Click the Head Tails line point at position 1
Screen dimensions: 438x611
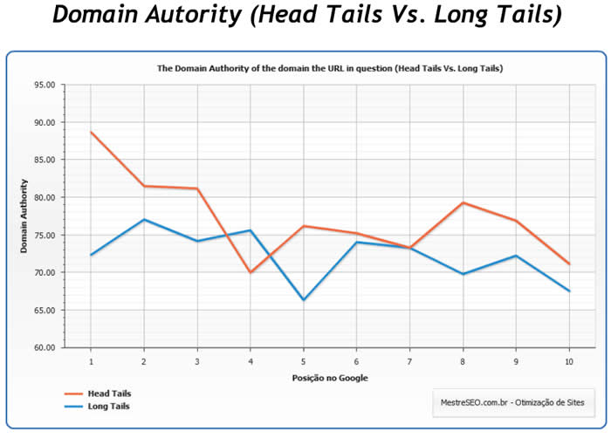coord(91,132)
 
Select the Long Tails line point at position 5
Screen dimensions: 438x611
coord(304,300)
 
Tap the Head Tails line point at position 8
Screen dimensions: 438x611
coord(463,202)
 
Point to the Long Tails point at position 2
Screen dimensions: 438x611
coord(144,219)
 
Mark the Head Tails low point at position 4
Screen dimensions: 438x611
coord(251,272)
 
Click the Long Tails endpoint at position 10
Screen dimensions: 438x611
coord(569,291)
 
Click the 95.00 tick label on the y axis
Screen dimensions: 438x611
coord(44,85)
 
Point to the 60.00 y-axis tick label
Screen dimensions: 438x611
coord(44,347)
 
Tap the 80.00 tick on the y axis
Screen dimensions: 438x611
coord(44,197)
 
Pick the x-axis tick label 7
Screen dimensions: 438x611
coord(409,359)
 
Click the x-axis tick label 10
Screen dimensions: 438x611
coord(569,359)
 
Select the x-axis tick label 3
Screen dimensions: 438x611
coord(197,359)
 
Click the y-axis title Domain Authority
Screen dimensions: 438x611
coord(25,216)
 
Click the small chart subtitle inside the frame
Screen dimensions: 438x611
coord(329,67)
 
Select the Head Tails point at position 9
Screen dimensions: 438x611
coord(516,221)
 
